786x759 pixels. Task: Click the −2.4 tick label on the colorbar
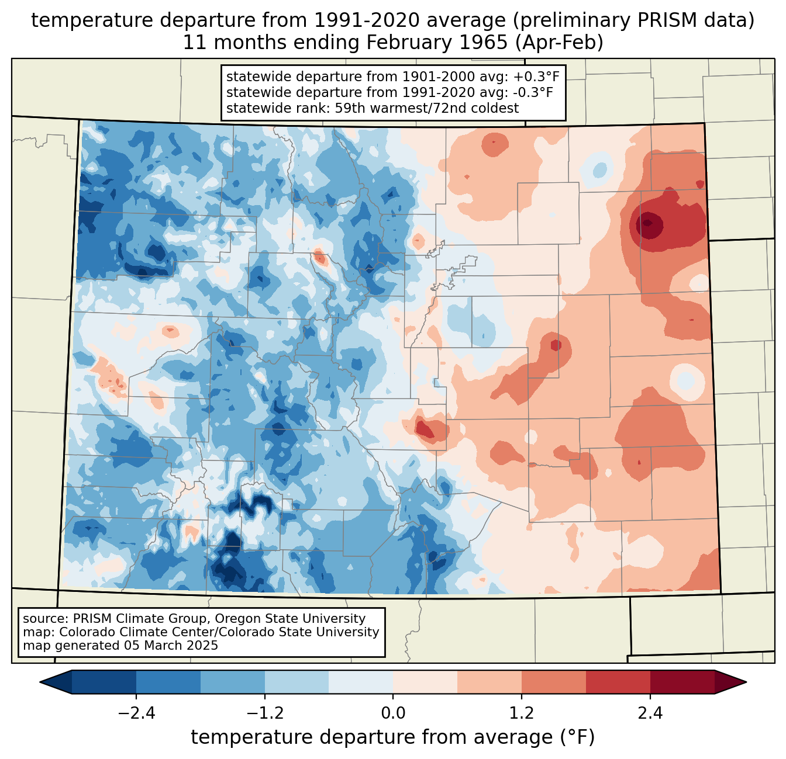pos(136,713)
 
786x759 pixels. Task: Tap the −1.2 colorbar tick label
pos(264,713)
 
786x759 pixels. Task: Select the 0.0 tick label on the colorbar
pos(393,713)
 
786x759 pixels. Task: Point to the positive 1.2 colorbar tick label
pos(522,713)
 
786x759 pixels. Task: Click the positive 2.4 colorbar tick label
pos(650,713)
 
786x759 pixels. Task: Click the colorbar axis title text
pos(393,737)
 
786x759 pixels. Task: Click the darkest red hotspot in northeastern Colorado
pos(649,223)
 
